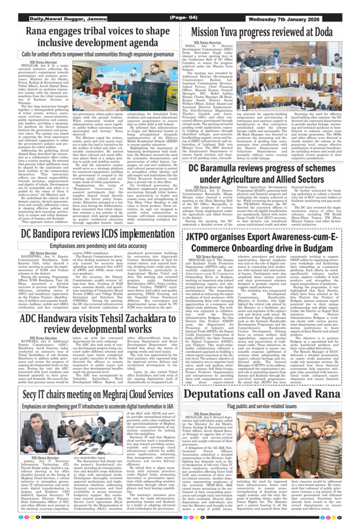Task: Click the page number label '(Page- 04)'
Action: pyautogui.click(x=180, y=18)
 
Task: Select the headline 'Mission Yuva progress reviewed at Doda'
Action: pyautogui.click(x=269, y=32)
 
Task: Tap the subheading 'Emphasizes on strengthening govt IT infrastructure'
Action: pyautogui.click(x=90, y=406)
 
